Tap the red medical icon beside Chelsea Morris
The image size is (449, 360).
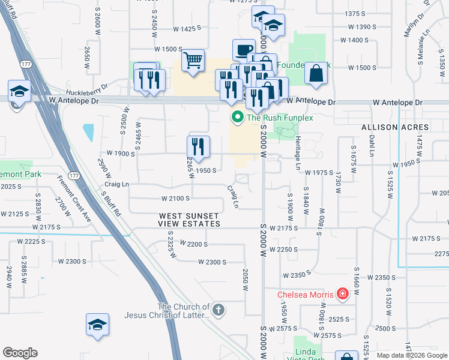[x=342, y=294]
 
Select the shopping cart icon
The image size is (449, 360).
[x=193, y=60]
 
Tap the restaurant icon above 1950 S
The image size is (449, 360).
[x=197, y=146]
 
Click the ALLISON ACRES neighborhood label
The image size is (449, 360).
[x=395, y=128]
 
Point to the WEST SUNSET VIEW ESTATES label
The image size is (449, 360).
[x=190, y=220]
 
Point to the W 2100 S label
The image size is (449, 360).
[x=175, y=198]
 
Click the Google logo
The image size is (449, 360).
[x=20, y=353]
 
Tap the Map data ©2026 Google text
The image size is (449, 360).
[x=411, y=355]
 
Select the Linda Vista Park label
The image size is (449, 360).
[x=310, y=354]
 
